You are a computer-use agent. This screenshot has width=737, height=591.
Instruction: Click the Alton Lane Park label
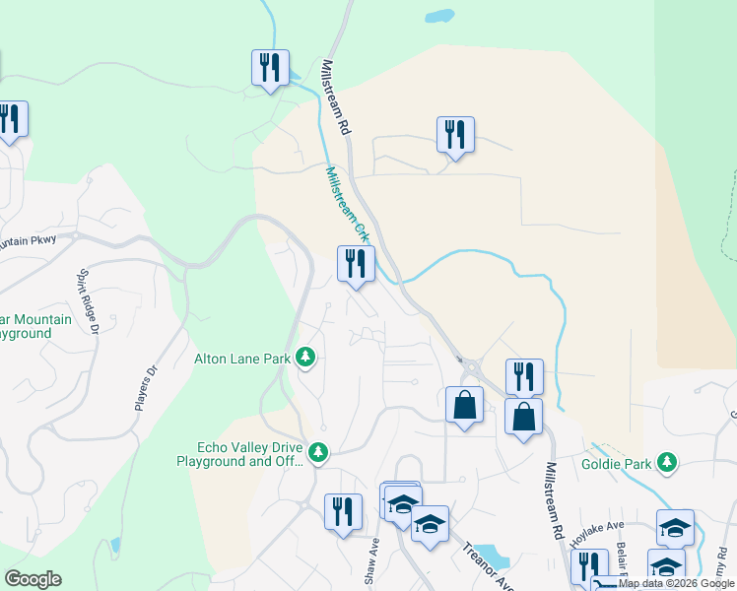pyautogui.click(x=241, y=359)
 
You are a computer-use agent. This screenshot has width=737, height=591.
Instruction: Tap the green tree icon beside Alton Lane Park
pyautogui.click(x=305, y=357)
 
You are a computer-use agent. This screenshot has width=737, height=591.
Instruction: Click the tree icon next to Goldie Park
pyautogui.click(x=667, y=462)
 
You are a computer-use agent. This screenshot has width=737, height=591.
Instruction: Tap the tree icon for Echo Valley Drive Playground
pyautogui.click(x=317, y=452)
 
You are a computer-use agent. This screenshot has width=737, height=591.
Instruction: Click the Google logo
pyautogui.click(x=33, y=579)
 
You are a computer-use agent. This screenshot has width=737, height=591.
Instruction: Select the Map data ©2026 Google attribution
pyautogui.click(x=677, y=584)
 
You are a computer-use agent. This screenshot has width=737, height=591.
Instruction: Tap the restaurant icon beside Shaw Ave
pyautogui.click(x=342, y=512)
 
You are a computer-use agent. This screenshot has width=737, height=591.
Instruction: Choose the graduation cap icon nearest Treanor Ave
pyautogui.click(x=430, y=524)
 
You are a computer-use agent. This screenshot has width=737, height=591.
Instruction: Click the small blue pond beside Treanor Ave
pyautogui.click(x=499, y=560)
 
